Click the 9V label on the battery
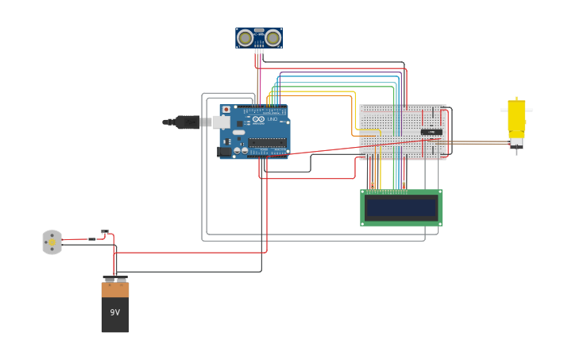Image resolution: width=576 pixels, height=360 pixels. [x=115, y=312]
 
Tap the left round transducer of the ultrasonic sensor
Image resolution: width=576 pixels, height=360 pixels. [x=245, y=37]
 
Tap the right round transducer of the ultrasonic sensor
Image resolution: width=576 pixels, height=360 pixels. [x=273, y=37]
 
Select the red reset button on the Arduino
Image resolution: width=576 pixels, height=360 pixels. [x=226, y=110]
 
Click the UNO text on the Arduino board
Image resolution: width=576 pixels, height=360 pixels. [x=271, y=119]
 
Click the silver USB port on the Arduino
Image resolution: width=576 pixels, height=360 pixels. [x=220, y=122]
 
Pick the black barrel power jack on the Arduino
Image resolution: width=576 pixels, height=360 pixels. [x=224, y=151]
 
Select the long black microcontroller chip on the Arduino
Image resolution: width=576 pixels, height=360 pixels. [x=267, y=143]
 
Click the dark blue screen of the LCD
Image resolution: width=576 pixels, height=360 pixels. [x=401, y=208]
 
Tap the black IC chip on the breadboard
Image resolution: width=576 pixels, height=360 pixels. [x=431, y=131]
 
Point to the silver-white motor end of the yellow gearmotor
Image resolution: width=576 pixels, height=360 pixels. [x=516, y=143]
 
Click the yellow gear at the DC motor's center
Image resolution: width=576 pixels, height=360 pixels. [x=52, y=242]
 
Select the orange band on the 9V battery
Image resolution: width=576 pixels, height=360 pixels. [x=115, y=290]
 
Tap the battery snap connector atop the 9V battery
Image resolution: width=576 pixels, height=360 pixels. [x=115, y=279]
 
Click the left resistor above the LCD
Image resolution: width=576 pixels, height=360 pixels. [x=372, y=184]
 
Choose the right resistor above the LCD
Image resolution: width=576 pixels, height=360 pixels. [x=404, y=184]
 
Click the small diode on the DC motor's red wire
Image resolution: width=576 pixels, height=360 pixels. [x=92, y=238]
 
